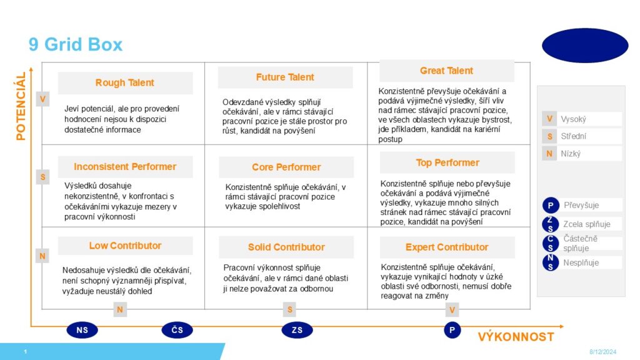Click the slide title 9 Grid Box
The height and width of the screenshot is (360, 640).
point(76,44)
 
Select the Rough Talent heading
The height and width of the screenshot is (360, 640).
point(125,83)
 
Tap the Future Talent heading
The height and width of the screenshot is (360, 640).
point(285,77)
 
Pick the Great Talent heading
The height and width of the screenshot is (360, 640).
point(446,71)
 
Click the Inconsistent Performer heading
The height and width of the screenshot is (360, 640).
point(125,166)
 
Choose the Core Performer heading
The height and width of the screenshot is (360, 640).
point(286,167)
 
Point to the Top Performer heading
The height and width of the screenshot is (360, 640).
point(447,162)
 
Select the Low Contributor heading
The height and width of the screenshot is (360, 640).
point(125,246)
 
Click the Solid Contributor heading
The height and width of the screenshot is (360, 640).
point(286,247)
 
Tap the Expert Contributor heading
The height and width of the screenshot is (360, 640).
point(447,247)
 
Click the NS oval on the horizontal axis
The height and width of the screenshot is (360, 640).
point(82,330)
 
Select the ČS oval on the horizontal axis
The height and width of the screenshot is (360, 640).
point(177,330)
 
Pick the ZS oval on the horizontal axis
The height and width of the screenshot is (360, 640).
point(297,330)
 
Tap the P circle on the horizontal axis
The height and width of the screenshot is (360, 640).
point(452,330)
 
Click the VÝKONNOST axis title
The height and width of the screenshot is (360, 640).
point(516,337)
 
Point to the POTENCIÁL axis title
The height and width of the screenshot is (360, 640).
point(21,106)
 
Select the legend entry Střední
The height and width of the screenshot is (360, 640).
point(573,136)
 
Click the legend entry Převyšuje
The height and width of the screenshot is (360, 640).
point(581,205)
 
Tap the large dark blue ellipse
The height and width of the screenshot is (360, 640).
point(585,46)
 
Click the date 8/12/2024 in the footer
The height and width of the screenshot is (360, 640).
point(603,352)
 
